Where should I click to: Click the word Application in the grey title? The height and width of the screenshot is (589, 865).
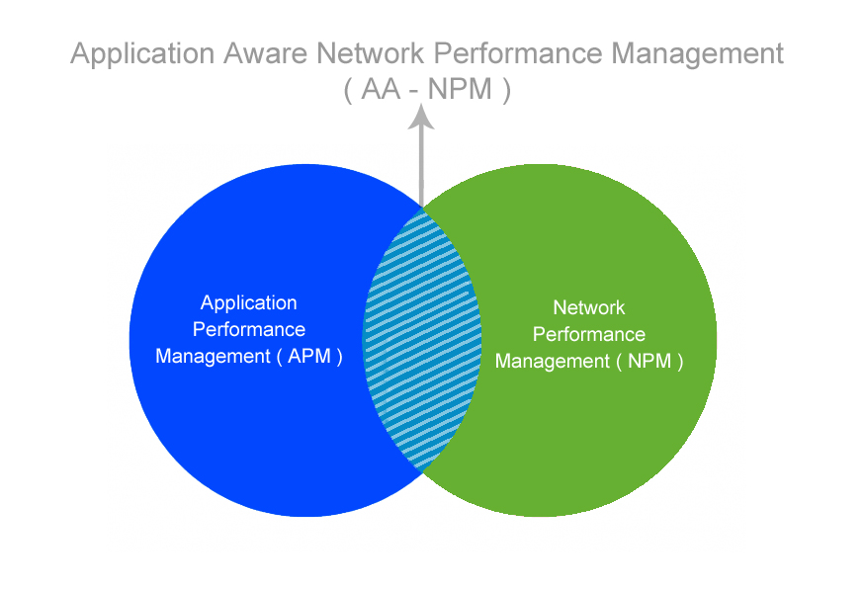(142, 55)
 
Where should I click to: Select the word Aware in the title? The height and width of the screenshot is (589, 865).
(265, 53)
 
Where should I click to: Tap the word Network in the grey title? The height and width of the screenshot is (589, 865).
(370, 53)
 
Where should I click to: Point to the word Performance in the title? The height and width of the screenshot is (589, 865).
(517, 53)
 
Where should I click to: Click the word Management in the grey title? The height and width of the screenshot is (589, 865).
(697, 55)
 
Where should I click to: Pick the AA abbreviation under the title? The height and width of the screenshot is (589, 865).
(381, 89)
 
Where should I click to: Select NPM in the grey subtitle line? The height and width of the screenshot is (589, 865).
(460, 89)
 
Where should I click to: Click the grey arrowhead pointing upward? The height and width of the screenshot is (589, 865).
(421, 117)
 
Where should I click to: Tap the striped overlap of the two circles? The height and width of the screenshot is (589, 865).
(422, 340)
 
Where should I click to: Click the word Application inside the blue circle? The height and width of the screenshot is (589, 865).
(248, 303)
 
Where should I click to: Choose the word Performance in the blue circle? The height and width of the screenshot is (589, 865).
(249, 329)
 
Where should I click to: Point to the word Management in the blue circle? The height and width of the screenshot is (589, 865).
(213, 357)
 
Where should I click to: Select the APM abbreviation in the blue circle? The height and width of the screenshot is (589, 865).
(308, 357)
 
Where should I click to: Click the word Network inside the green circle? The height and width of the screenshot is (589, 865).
(588, 307)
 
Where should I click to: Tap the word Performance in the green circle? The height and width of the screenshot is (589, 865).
(588, 334)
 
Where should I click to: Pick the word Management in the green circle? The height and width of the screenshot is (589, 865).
(553, 362)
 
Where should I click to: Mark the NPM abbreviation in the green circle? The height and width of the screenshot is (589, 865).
(649, 362)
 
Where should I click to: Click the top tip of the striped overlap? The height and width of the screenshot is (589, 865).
(422, 209)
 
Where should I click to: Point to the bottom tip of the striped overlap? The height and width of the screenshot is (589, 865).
(422, 472)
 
